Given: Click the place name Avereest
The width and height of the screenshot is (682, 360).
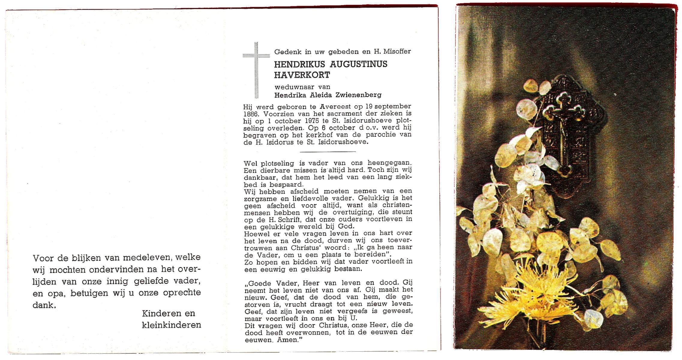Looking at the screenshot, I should (x=335, y=106).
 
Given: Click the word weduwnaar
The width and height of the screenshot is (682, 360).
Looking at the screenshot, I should (x=290, y=87).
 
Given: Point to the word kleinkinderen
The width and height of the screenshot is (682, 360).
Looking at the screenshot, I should (x=171, y=325).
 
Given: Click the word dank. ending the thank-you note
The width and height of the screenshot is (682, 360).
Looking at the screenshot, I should (x=44, y=305).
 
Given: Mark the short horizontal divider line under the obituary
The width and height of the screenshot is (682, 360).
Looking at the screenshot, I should (x=328, y=151).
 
